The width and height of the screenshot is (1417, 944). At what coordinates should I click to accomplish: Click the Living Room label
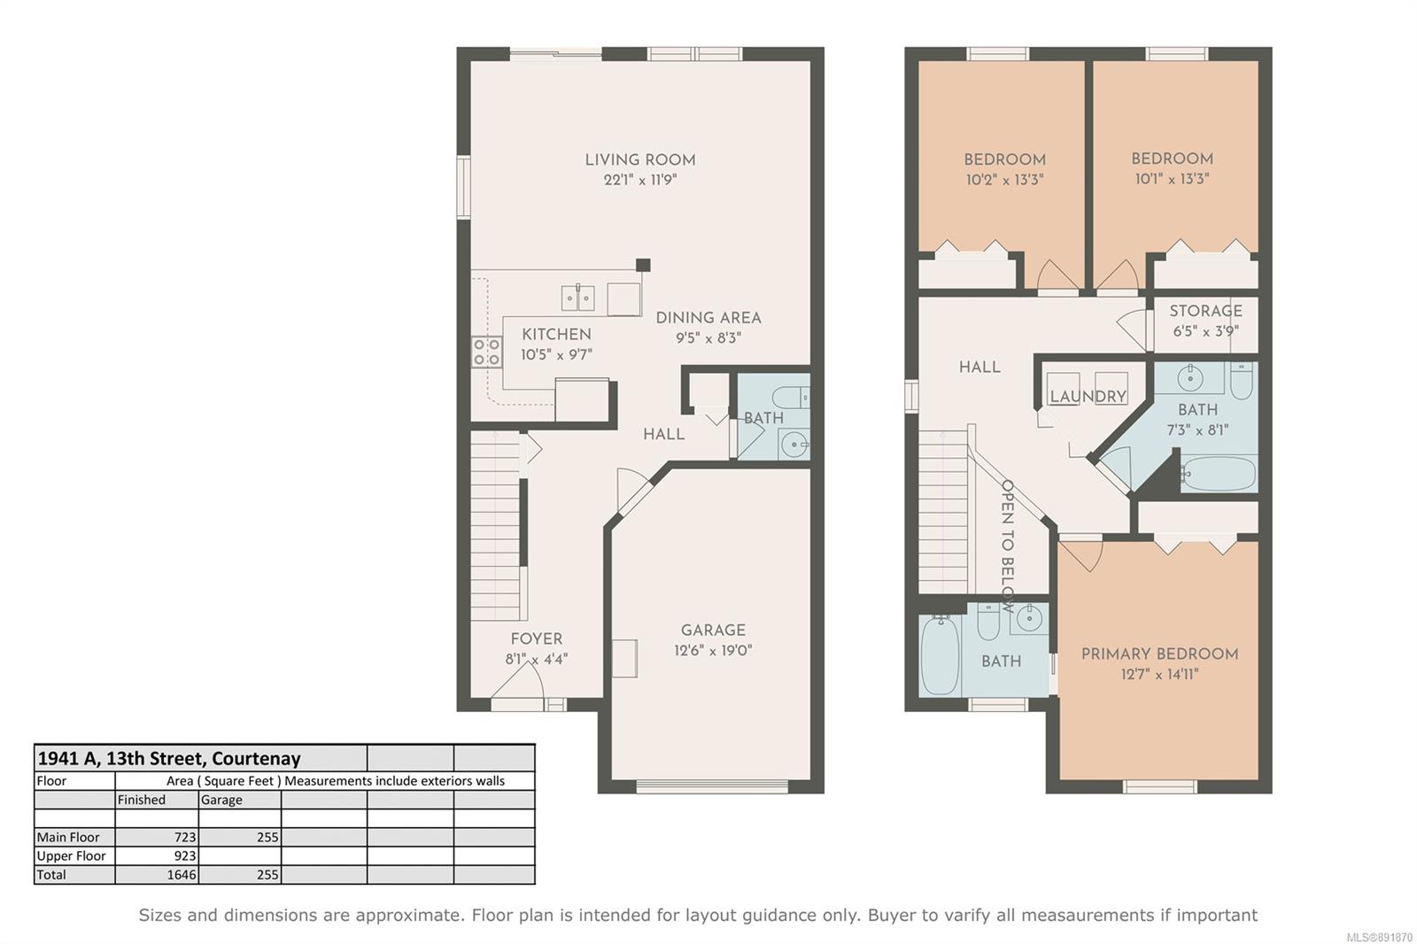tap(640, 160)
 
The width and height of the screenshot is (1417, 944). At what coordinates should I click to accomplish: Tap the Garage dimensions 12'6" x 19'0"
tap(713, 650)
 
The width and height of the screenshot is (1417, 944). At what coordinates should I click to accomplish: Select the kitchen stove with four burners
tap(486, 352)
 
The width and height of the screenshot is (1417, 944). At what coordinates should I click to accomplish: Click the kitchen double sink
tap(577, 298)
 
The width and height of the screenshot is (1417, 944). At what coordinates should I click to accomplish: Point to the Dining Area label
tap(708, 318)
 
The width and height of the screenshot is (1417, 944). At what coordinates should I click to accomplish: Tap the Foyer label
tap(537, 639)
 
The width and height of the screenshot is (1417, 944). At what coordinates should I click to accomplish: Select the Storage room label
tap(1205, 311)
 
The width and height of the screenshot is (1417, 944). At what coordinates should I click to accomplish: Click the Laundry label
tap(1088, 397)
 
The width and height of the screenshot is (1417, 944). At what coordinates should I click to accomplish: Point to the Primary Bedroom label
tap(1159, 654)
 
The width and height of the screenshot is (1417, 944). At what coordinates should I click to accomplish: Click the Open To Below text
tap(1007, 546)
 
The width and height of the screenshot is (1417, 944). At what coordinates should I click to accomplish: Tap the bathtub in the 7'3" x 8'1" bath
tap(1219, 473)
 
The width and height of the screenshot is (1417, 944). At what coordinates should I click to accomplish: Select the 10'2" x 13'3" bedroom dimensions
tap(1004, 180)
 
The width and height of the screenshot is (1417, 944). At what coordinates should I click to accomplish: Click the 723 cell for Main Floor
tap(185, 837)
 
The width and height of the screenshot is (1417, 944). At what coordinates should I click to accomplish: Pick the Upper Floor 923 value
tap(185, 856)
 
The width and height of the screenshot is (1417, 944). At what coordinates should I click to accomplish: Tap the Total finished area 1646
tap(182, 875)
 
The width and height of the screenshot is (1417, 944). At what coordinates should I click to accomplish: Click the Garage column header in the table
tap(221, 800)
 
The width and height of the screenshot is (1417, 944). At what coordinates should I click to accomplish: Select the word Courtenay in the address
tap(256, 759)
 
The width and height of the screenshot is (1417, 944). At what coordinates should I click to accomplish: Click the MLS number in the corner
tap(1379, 937)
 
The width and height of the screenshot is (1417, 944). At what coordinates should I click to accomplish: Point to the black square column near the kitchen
tap(643, 265)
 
